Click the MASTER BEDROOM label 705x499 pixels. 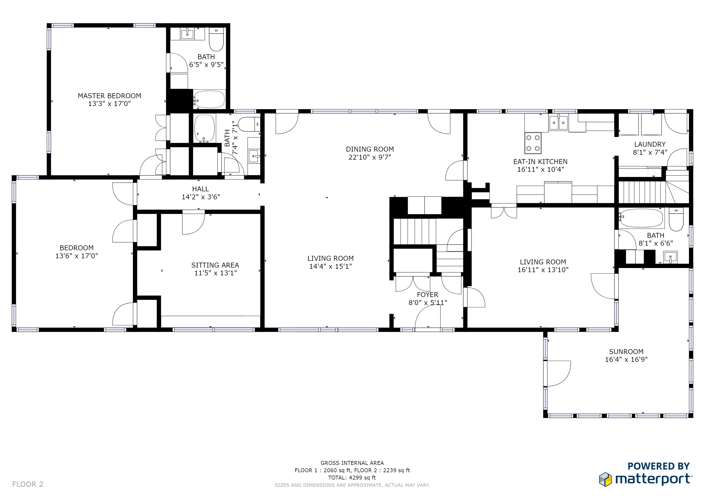109,96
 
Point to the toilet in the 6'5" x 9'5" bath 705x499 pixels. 216,39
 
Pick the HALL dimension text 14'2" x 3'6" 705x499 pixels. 201,197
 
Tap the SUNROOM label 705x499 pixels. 626,352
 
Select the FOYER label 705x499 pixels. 427,295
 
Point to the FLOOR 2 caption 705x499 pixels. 28,484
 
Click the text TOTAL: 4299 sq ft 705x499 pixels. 352,478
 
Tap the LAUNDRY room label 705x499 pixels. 650,144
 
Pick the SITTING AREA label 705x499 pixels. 215,265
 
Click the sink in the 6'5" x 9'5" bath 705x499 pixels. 187,34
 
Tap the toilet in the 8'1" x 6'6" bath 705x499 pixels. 676,219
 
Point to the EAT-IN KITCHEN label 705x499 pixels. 540,162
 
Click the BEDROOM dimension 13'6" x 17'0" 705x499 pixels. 76,256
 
